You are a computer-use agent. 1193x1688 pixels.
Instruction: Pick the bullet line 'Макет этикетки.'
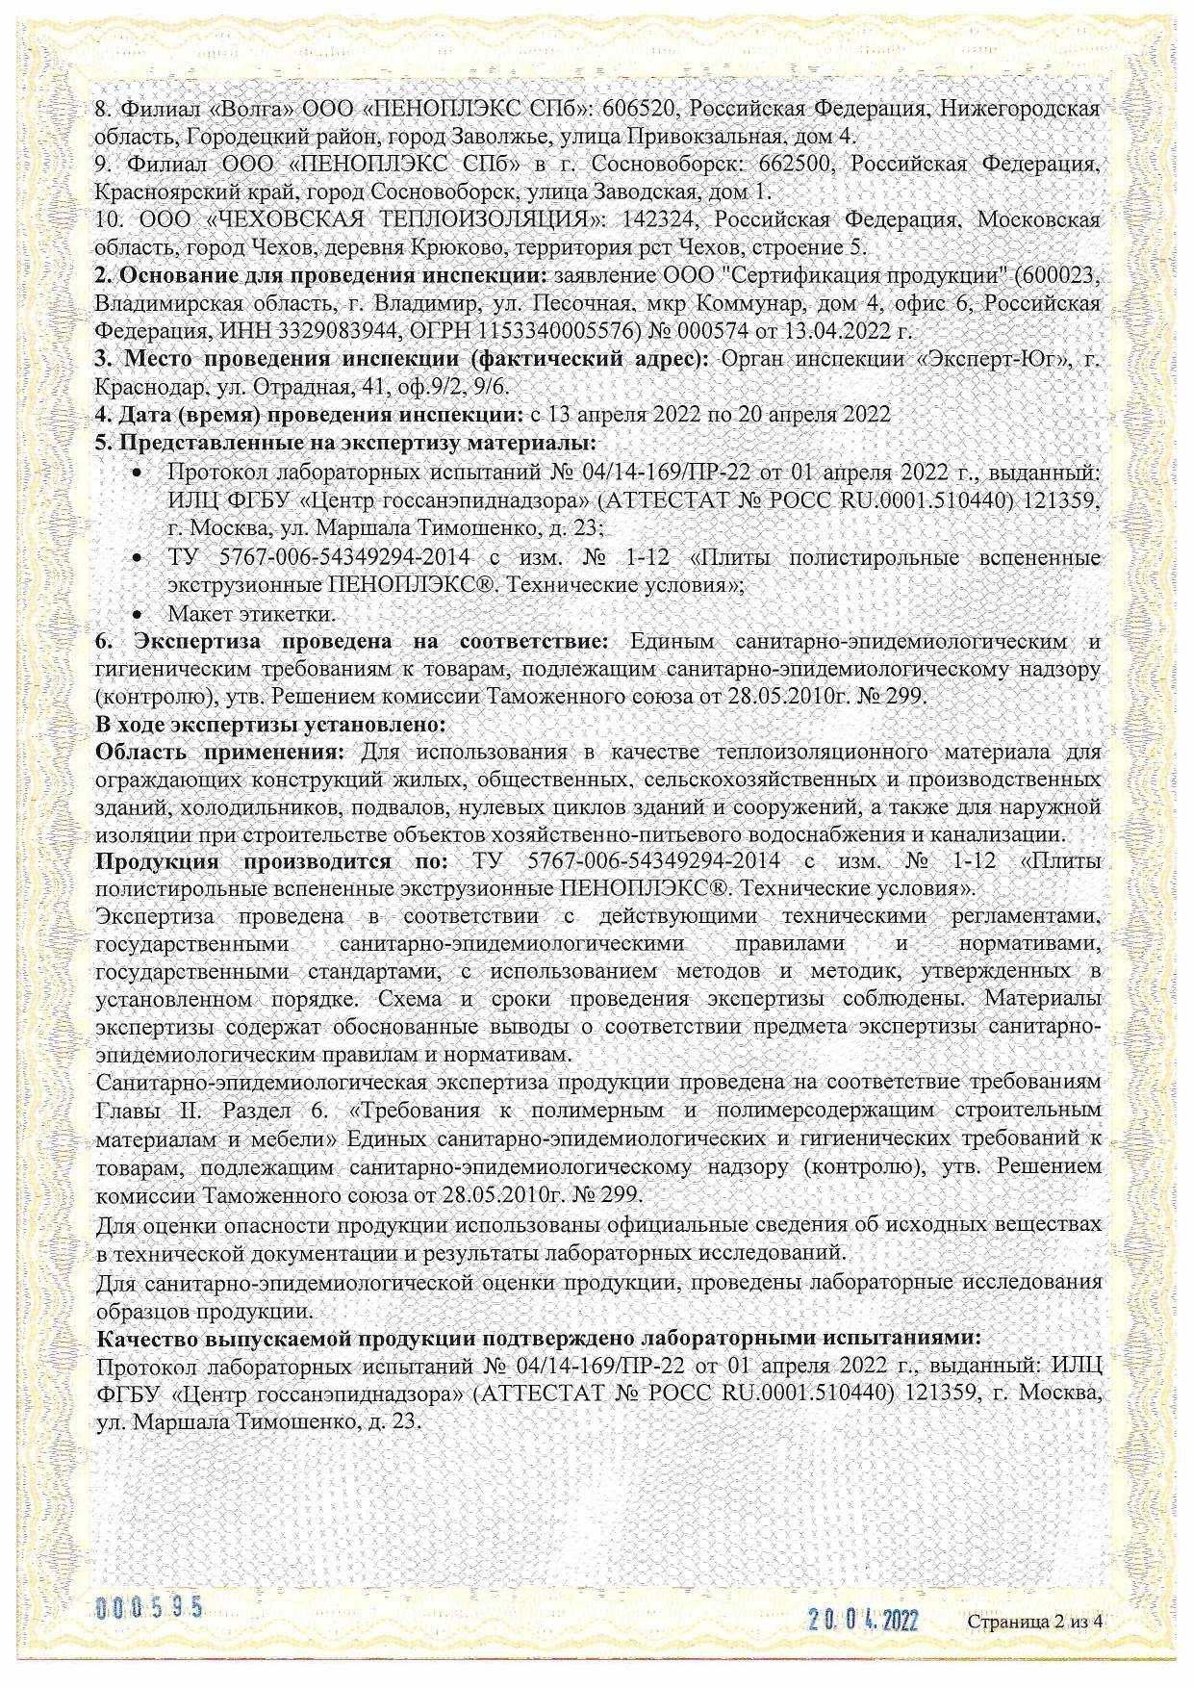(251, 613)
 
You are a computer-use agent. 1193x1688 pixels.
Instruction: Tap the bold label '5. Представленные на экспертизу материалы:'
(345, 444)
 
